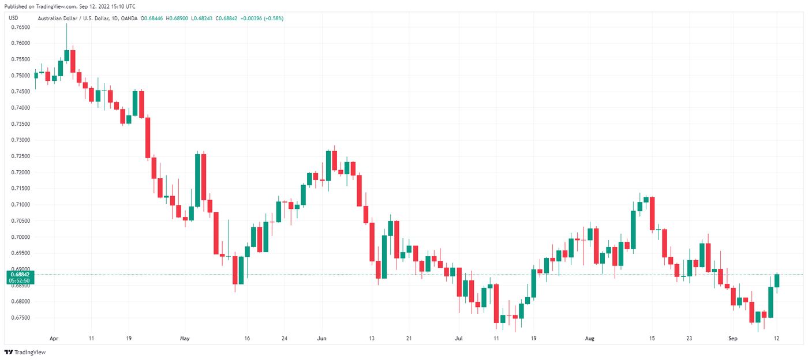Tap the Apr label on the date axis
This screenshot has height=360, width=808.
pos(54,339)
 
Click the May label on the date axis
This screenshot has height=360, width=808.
pos(184,339)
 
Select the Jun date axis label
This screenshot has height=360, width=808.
pos(322,339)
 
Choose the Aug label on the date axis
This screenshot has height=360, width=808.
pos(589,339)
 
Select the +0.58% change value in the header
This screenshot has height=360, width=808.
pos(274,18)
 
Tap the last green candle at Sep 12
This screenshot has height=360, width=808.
pos(777,280)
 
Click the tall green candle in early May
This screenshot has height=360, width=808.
pos(197,180)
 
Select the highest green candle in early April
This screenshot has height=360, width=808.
pos(67,55)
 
